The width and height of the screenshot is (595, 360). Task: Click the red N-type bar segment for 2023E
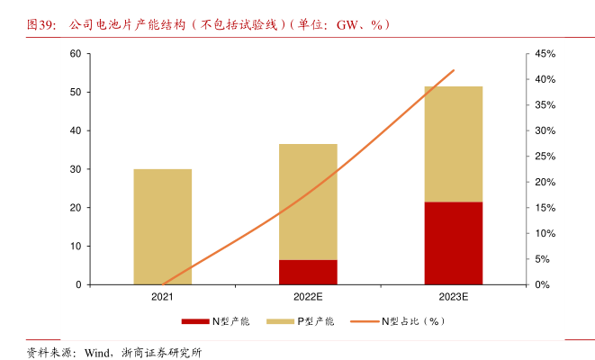point(453,243)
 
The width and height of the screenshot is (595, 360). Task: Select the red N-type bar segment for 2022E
point(308,272)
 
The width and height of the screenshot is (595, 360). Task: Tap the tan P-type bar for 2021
point(162,226)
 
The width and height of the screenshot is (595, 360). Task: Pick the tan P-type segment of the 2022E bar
point(308,202)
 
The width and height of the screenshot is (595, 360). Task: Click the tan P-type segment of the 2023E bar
point(453,144)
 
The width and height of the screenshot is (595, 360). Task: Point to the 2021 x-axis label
point(162,296)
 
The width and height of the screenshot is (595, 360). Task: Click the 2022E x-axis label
point(308,296)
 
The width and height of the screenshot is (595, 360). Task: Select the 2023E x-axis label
point(453,296)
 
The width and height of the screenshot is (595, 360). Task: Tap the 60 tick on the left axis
point(76,54)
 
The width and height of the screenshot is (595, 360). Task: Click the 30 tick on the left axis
point(76,169)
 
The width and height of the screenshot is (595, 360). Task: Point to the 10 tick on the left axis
point(76,246)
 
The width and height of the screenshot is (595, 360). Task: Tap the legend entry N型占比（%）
point(410,321)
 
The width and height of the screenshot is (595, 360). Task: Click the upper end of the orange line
point(454,70)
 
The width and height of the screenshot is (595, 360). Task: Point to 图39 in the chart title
point(40,24)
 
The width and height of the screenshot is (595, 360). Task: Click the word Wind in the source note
point(98,352)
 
